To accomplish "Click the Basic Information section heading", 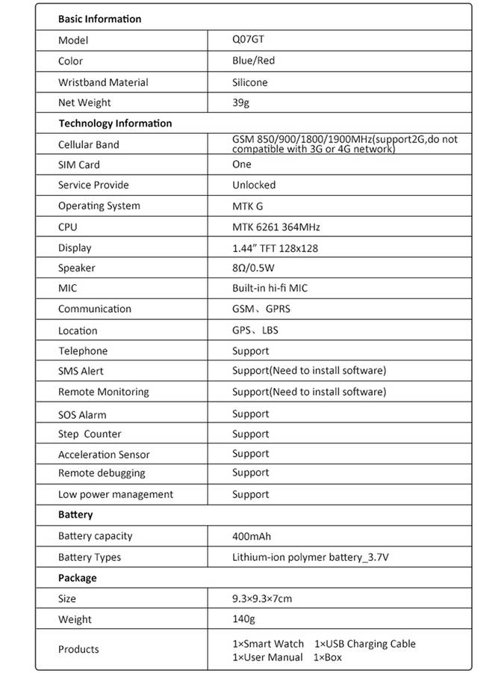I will [99, 19].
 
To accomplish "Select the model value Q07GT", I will [249, 40].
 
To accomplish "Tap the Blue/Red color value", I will [253, 61].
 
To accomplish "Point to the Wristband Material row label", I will [103, 82].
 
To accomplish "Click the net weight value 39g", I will [240, 102].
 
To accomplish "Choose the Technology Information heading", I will [115, 123].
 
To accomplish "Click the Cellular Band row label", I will [88, 144].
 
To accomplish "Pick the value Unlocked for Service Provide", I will [254, 185].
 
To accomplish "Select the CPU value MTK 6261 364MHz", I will [276, 227].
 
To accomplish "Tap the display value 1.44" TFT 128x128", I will [275, 248].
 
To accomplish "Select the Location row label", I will [78, 331].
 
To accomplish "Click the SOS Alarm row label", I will [82, 414].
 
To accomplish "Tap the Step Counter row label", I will [90, 434].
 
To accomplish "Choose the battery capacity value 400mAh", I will [251, 536].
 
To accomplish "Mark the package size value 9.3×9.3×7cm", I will [261, 598].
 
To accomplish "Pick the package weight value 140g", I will [243, 619].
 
